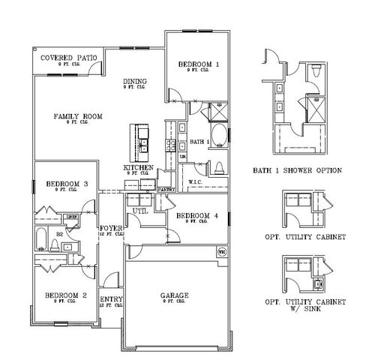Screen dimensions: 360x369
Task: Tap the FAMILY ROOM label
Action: pos(77,116)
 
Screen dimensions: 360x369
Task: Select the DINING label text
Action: pos(135,82)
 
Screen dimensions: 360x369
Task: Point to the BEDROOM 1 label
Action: pos(199,65)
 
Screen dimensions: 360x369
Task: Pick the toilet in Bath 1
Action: pos(220,166)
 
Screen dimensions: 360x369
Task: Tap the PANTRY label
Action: pos(166,190)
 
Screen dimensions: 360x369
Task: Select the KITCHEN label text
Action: pos(139,168)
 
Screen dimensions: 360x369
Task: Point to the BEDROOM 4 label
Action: pos(197,216)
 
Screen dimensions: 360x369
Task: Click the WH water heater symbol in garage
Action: pos(221,253)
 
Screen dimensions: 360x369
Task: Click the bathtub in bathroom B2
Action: pos(41,240)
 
